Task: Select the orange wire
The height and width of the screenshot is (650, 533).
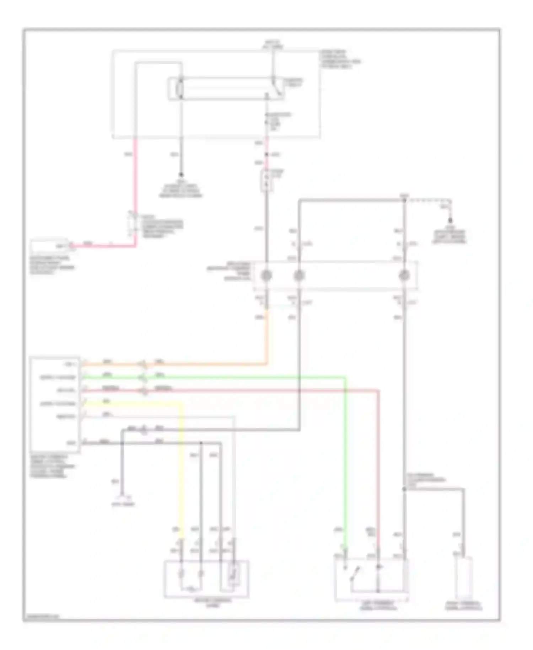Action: point(213,364)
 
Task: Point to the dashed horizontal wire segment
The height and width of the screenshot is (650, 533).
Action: point(426,200)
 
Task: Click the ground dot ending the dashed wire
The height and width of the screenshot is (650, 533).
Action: point(450,221)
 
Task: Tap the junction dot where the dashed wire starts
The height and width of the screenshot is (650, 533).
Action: point(404,201)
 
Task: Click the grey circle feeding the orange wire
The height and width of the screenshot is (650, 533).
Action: point(266,275)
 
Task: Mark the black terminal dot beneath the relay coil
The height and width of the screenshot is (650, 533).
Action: point(181,175)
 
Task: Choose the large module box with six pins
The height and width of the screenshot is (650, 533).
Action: point(55,404)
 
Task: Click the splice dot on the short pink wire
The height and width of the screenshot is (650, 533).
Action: point(266,154)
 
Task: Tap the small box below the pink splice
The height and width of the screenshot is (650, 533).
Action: point(266,181)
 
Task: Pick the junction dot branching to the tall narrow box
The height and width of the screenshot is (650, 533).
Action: point(404,489)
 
